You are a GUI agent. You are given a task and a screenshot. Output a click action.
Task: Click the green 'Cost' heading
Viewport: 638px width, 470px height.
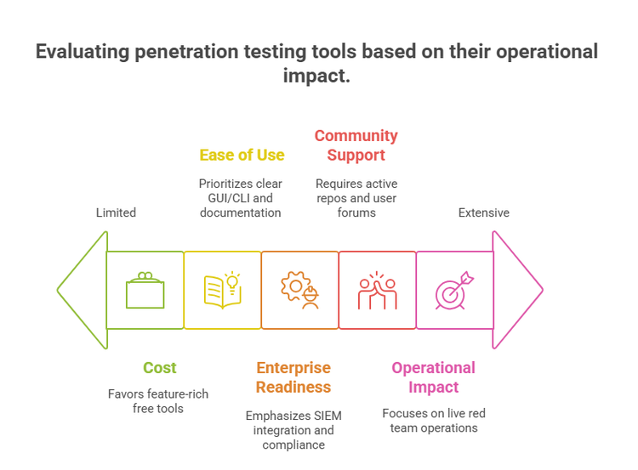[x=160, y=367]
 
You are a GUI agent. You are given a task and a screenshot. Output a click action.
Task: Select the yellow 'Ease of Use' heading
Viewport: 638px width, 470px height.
[x=242, y=155]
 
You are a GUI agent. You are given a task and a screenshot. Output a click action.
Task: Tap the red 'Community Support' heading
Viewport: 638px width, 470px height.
[x=356, y=145]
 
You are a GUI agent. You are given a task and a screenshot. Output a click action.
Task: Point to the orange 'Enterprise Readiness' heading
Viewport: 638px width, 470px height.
[x=293, y=377]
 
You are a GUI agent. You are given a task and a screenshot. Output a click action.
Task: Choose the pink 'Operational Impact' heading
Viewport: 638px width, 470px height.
[x=433, y=377]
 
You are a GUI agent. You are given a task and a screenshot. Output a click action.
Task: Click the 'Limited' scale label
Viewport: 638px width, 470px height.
[x=116, y=212]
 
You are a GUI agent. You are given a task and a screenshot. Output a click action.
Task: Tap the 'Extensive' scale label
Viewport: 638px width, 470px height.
[x=484, y=212]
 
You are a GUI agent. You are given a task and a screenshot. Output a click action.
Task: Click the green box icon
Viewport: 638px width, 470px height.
[x=145, y=290]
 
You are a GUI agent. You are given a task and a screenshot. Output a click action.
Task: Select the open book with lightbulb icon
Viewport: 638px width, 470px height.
[x=223, y=290]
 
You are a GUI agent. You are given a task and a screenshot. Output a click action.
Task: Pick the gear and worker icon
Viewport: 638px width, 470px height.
[x=300, y=290]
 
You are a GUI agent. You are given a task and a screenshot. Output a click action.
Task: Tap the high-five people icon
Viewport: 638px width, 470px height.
[x=377, y=290]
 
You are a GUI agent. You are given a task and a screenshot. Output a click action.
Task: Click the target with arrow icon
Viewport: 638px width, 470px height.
[x=454, y=291]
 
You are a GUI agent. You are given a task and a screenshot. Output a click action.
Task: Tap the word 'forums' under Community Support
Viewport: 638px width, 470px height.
[x=356, y=212]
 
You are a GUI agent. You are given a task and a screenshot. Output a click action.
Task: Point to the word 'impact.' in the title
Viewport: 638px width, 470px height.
[x=316, y=76]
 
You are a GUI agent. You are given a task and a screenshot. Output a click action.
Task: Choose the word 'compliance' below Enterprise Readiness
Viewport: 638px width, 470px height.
[x=293, y=445]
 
